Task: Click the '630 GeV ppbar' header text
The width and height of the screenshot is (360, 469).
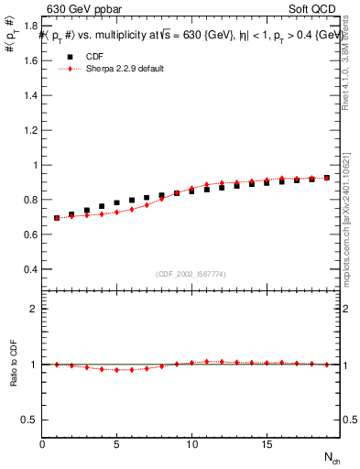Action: click(78, 9)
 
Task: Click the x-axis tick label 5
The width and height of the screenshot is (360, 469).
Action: click(116, 444)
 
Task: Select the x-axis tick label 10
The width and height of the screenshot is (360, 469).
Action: click(191, 444)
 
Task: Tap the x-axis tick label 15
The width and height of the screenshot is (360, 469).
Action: click(266, 444)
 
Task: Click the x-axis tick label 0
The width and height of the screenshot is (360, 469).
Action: click(42, 444)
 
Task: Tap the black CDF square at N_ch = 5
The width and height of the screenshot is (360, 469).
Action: click(116, 203)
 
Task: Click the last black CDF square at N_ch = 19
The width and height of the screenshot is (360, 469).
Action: click(326, 178)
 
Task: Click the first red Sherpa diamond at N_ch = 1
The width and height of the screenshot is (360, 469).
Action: click(57, 218)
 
